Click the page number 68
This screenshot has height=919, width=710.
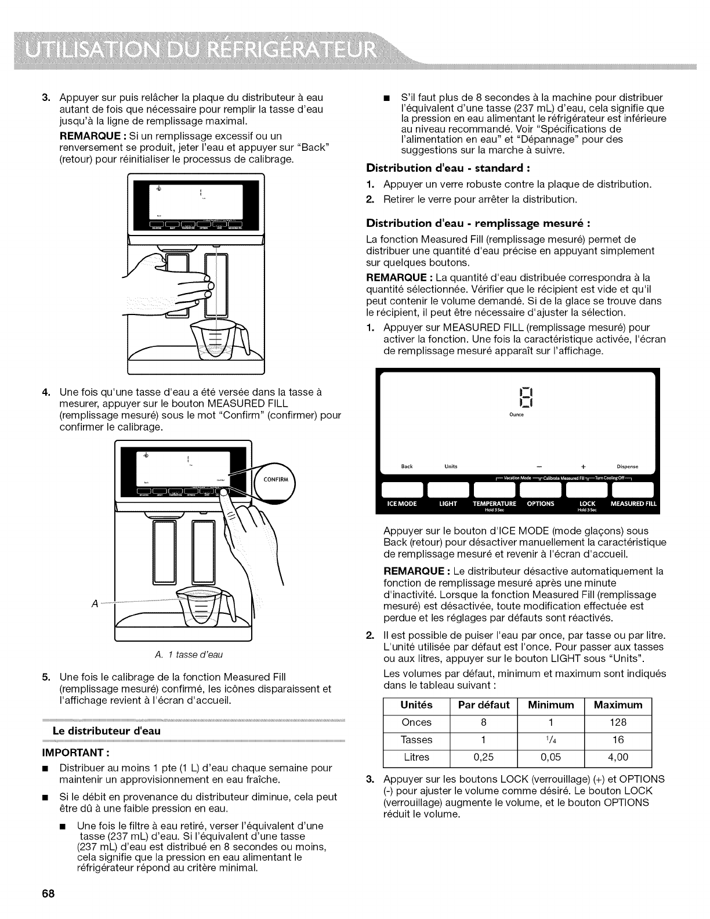[48, 893]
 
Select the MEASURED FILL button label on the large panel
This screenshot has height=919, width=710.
[633, 504]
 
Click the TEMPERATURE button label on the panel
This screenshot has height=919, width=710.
[494, 504]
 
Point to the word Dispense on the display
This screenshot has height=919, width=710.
[627, 466]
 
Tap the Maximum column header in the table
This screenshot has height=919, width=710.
[618, 705]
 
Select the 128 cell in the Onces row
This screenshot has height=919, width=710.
[618, 722]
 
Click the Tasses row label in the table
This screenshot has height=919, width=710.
[416, 740]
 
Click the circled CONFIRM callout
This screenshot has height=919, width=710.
[276, 479]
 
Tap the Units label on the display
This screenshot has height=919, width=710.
[451, 466]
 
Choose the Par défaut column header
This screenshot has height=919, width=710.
[484, 705]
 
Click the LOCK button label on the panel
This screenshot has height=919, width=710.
[588, 504]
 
